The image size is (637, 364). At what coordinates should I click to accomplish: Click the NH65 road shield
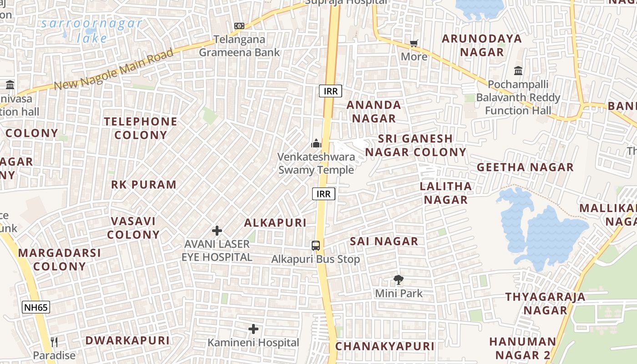(x=36, y=307)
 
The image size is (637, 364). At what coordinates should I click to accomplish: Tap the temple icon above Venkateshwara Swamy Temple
(x=316, y=144)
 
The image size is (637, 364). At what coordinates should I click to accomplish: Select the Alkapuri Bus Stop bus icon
(x=316, y=246)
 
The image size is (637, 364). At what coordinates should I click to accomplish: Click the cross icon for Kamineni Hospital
(x=253, y=329)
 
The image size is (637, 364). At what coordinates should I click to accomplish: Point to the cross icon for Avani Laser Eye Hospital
(x=217, y=231)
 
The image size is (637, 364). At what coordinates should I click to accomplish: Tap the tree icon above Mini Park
(x=399, y=280)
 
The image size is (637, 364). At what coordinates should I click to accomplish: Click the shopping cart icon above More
(x=414, y=44)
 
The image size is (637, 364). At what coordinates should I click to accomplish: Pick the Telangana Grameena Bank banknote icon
(x=239, y=26)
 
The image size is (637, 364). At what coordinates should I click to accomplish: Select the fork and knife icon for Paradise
(x=54, y=342)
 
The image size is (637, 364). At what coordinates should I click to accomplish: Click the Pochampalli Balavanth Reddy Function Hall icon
(x=518, y=71)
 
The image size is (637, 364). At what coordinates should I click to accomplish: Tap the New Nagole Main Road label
(x=114, y=69)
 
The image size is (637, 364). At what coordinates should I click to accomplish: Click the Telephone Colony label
(x=141, y=128)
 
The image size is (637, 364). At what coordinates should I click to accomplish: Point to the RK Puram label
(x=144, y=185)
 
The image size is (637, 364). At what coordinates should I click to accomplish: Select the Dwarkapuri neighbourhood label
(x=127, y=340)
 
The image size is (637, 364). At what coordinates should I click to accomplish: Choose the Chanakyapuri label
(x=385, y=346)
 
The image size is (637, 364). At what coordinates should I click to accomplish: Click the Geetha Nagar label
(x=525, y=167)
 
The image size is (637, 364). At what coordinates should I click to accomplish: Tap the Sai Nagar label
(x=384, y=242)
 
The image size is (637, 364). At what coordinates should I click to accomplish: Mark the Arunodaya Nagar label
(x=482, y=45)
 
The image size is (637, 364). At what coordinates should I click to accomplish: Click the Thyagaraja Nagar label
(x=545, y=303)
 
